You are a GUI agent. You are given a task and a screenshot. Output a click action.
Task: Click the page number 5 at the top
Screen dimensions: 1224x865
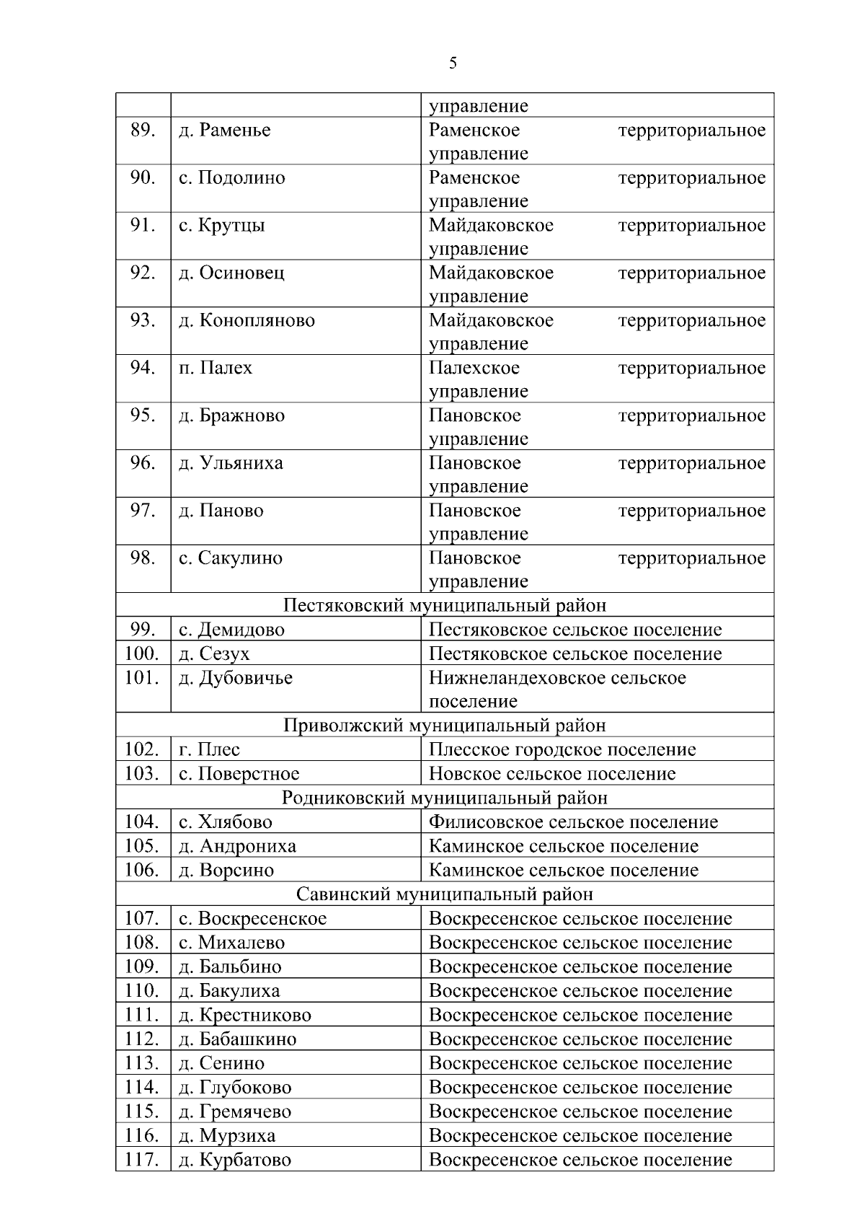pos(453,63)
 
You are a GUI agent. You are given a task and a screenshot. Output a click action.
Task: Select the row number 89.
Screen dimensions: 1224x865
pos(143,131)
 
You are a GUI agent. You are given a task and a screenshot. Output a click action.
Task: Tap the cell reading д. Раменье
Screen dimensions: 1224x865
pos(225,131)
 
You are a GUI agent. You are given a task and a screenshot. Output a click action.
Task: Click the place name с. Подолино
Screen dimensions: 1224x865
pos(232,178)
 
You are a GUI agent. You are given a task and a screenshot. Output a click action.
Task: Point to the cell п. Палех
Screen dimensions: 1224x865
pos(216,369)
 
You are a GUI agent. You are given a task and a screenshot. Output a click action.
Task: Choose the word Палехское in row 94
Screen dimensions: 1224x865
pos(474,369)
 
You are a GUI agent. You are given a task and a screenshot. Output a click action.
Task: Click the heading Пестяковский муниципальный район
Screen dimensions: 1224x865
pos(445,605)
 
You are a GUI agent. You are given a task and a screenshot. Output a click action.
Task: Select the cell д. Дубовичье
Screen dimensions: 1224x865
pos(236,678)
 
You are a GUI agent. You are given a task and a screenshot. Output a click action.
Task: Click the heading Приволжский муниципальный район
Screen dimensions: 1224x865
pos(445,725)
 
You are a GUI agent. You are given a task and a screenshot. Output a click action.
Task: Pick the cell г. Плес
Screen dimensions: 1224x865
pos(210,749)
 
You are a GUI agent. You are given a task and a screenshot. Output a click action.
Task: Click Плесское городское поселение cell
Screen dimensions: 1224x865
pos(562,749)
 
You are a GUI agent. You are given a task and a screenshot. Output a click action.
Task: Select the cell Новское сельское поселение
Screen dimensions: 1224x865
pos(552,774)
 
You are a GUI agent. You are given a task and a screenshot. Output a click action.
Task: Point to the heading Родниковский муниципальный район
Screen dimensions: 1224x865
pos(445,798)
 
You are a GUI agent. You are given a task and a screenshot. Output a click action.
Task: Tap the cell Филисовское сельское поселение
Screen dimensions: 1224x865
pos(573,822)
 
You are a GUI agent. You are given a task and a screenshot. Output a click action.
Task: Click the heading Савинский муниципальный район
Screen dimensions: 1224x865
pos(445,894)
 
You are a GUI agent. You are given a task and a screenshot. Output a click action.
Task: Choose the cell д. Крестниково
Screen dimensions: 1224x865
pos(245,1016)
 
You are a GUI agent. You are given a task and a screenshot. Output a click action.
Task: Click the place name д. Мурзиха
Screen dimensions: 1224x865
pos(227,1136)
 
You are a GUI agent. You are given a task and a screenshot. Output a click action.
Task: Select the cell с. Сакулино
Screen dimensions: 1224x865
pos(231,558)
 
